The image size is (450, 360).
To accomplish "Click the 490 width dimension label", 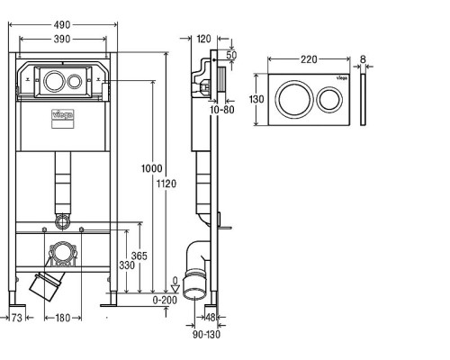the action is click(62, 25).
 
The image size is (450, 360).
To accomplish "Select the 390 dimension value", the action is click(62, 39).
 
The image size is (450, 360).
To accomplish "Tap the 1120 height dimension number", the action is click(166, 184).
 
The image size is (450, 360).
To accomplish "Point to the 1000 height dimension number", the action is click(152, 168).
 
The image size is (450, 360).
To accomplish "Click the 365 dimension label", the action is click(139, 256).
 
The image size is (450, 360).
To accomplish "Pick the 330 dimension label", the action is click(127, 265).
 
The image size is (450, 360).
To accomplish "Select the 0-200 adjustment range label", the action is click(165, 300).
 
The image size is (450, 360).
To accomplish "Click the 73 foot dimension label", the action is click(17, 318).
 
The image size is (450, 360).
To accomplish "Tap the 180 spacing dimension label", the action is click(63, 318).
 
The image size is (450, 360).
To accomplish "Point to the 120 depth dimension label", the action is click(204, 39).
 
